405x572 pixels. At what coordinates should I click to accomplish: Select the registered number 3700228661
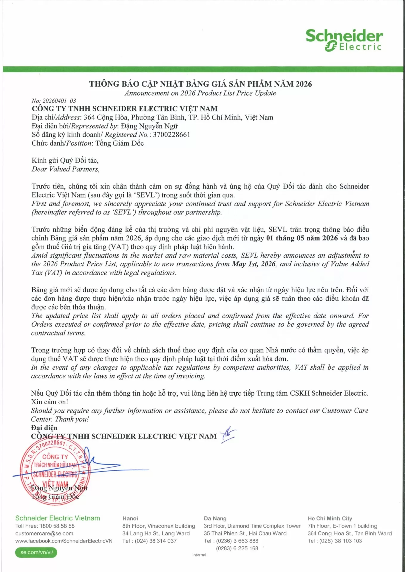(171, 135)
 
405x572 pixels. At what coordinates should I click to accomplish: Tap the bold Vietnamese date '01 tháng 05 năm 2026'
(302, 238)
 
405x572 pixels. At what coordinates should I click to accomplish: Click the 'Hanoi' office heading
(130, 518)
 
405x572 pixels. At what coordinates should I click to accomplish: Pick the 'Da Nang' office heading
(215, 518)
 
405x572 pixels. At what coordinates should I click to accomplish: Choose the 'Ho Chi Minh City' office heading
(330, 518)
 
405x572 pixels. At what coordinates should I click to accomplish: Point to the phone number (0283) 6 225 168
(237, 548)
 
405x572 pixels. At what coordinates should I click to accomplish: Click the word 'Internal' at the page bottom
(199, 555)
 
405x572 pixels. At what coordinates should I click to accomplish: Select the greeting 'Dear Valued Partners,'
(66, 169)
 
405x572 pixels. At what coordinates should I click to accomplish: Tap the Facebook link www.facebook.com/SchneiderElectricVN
(64, 541)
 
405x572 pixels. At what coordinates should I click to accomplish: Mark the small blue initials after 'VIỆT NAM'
(228, 435)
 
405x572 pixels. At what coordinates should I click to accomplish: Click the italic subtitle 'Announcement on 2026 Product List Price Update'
(200, 93)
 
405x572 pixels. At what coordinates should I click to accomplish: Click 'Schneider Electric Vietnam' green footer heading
(58, 518)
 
